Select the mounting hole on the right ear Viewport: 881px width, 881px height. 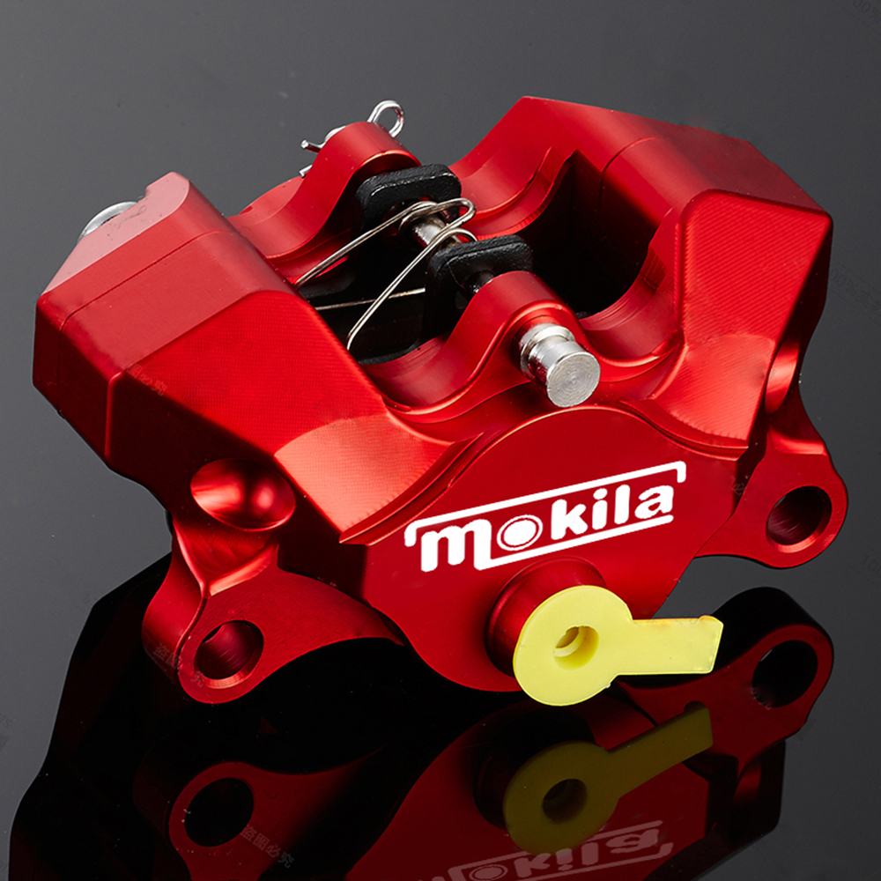pos(797,515)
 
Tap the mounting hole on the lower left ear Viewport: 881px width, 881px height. pos(227,650)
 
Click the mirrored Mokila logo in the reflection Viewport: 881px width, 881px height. pos(564,850)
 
